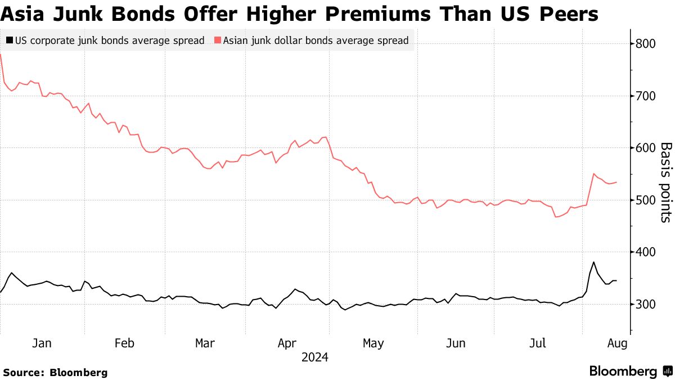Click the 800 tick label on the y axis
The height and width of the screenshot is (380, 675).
point(646,44)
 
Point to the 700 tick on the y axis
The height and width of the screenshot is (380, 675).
point(646,96)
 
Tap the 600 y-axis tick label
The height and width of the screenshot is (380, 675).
point(646,148)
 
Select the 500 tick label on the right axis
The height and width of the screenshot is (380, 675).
point(646,200)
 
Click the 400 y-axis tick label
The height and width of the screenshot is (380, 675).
point(646,252)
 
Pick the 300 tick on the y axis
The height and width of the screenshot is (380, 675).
point(646,305)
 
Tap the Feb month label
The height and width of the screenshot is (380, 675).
point(124,343)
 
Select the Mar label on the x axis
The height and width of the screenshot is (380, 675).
point(205,343)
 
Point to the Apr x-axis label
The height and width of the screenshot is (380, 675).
point(287,343)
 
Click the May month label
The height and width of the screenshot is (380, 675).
point(373,343)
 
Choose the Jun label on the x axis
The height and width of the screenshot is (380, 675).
point(456,343)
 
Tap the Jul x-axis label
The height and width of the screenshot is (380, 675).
point(539,343)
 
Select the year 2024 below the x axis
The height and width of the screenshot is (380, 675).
point(315,357)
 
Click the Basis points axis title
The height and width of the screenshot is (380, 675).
point(666,182)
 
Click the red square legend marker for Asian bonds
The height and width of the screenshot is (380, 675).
point(217,41)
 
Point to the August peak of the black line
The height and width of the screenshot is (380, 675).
point(593,262)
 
